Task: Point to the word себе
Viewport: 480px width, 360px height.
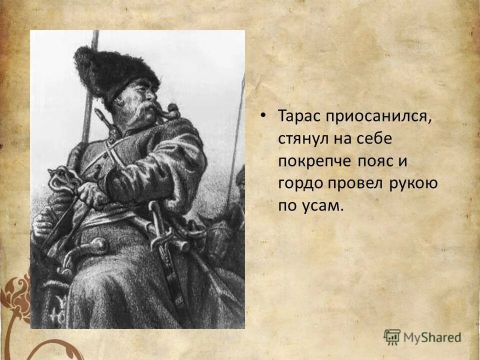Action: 376,139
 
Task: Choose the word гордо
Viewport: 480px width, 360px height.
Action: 300,183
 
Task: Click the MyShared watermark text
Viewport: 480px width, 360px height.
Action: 432,337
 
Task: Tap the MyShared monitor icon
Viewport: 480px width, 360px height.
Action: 392,336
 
